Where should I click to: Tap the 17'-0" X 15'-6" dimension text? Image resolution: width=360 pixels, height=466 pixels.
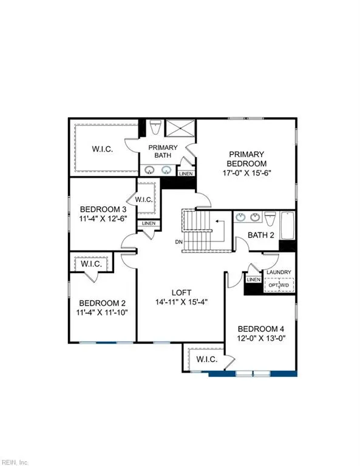[246, 172]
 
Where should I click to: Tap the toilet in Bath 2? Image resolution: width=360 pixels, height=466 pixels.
[271, 219]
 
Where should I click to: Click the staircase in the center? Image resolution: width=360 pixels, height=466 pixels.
[197, 231]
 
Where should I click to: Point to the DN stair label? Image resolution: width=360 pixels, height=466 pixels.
[178, 242]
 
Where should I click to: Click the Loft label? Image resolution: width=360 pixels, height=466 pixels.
[180, 291]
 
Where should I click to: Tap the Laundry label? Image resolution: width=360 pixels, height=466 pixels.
[280, 272]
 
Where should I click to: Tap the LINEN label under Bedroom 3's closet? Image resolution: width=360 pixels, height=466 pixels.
[148, 224]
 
